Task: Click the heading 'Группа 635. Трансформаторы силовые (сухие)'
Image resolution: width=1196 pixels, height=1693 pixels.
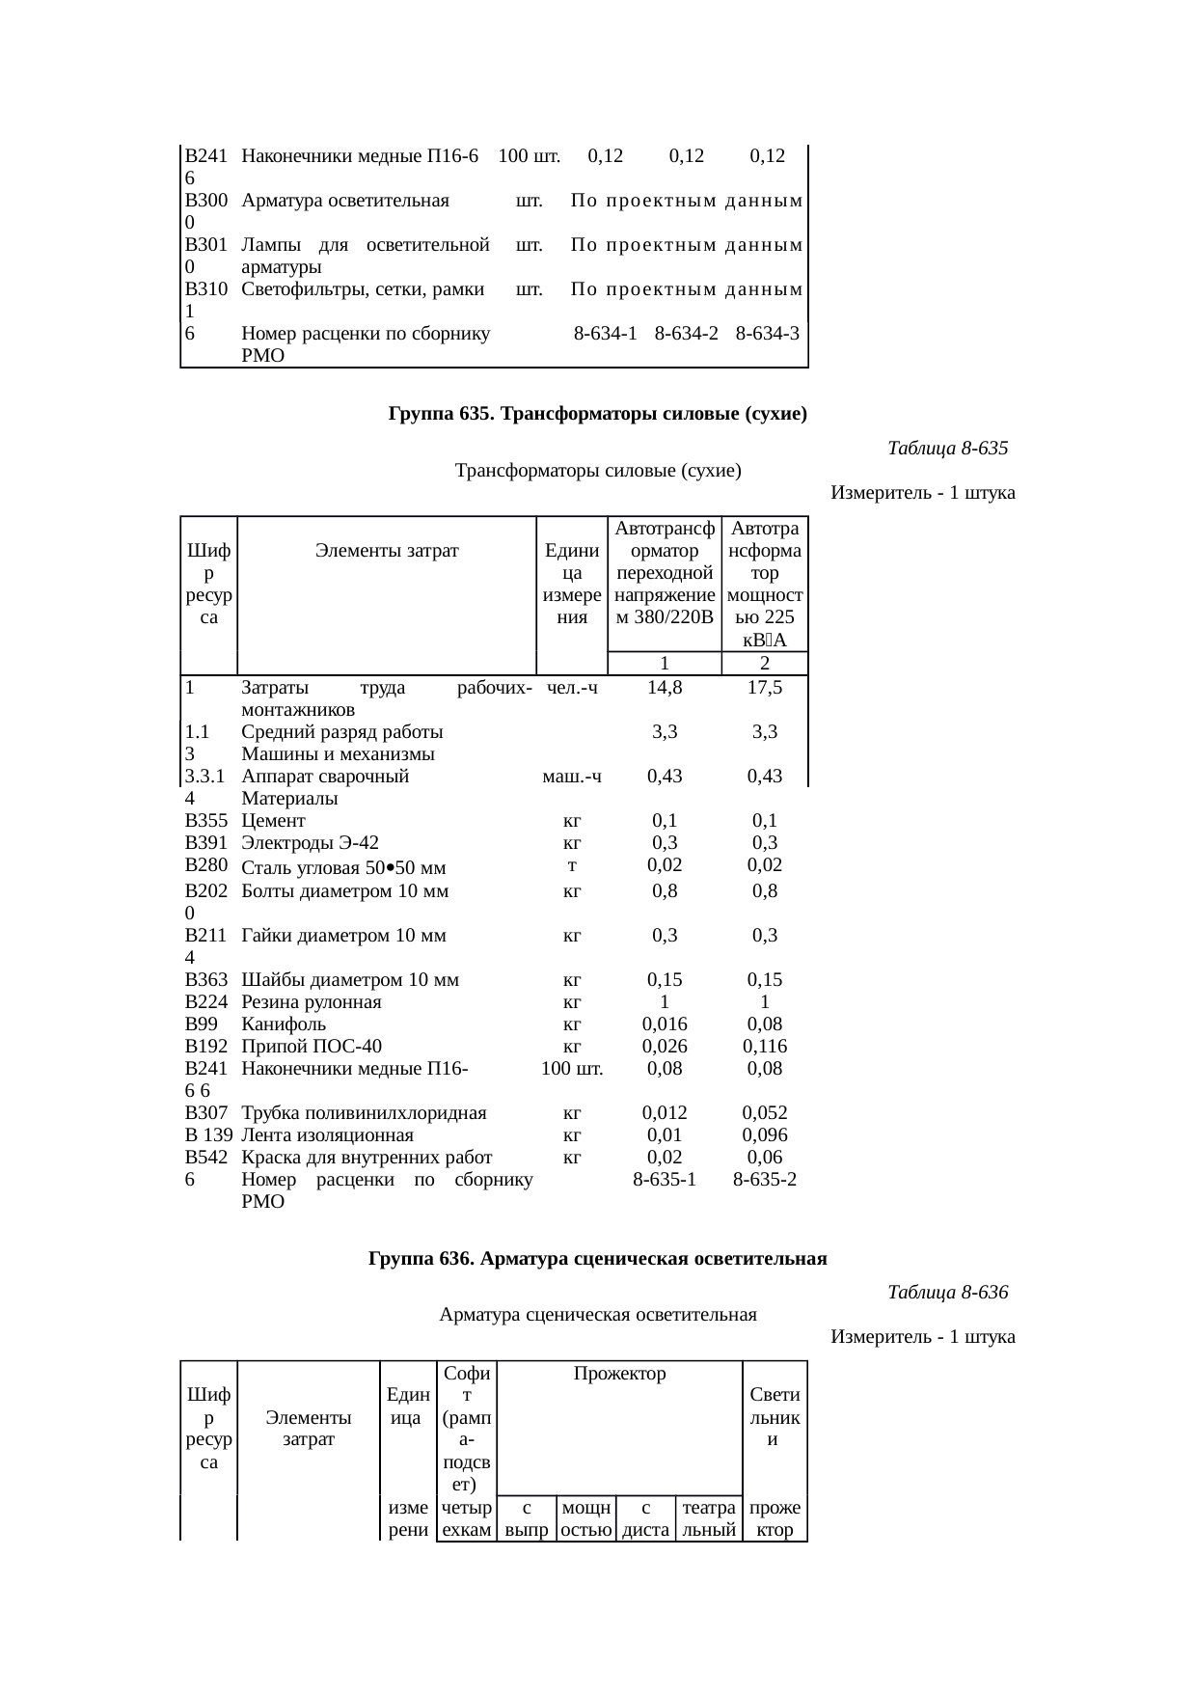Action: click(x=597, y=415)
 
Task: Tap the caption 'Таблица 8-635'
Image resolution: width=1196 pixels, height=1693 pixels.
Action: click(x=947, y=449)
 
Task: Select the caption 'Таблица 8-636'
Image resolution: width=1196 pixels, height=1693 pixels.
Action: click(x=947, y=1292)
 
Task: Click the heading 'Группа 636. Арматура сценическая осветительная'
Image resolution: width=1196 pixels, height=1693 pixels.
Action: click(x=597, y=1259)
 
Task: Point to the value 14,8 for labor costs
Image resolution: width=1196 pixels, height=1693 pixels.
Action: click(x=665, y=688)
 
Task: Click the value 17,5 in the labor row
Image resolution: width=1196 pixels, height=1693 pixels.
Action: click(x=764, y=688)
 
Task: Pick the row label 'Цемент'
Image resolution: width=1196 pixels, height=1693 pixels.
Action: click(x=273, y=821)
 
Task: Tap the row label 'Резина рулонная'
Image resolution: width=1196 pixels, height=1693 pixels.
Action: click(x=312, y=1002)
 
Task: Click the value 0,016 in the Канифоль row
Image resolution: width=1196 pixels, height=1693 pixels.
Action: click(x=665, y=1024)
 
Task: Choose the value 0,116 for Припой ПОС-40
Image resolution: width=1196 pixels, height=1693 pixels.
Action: click(x=764, y=1047)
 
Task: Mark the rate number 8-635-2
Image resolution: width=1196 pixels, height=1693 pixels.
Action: click(x=764, y=1179)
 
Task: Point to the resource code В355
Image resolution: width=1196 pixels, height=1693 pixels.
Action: click(x=205, y=821)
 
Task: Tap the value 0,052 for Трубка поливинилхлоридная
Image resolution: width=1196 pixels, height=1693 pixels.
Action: click(x=764, y=1113)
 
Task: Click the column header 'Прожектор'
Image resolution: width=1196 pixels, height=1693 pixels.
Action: click(x=619, y=1374)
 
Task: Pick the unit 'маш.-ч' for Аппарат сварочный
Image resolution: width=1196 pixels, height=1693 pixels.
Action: click(x=572, y=777)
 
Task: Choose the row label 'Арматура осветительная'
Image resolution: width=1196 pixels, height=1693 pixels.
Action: click(x=345, y=202)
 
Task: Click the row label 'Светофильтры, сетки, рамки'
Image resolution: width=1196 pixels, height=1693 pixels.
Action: click(x=363, y=289)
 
